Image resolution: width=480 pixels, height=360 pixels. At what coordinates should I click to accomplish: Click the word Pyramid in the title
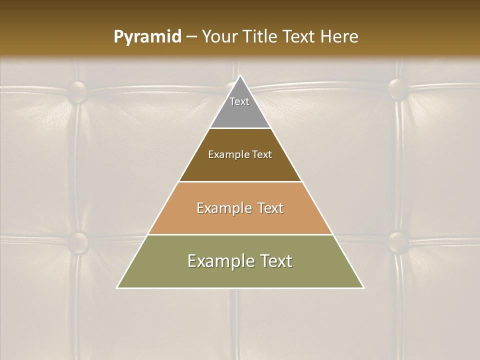coord(147,37)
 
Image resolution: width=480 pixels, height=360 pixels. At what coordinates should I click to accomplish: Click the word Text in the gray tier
coord(239,101)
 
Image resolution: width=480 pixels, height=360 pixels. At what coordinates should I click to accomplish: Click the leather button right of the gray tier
coord(398,88)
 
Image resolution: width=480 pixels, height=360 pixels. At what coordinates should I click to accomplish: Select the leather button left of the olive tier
coord(77,242)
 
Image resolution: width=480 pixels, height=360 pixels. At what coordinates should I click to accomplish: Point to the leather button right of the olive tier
coord(398,241)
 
